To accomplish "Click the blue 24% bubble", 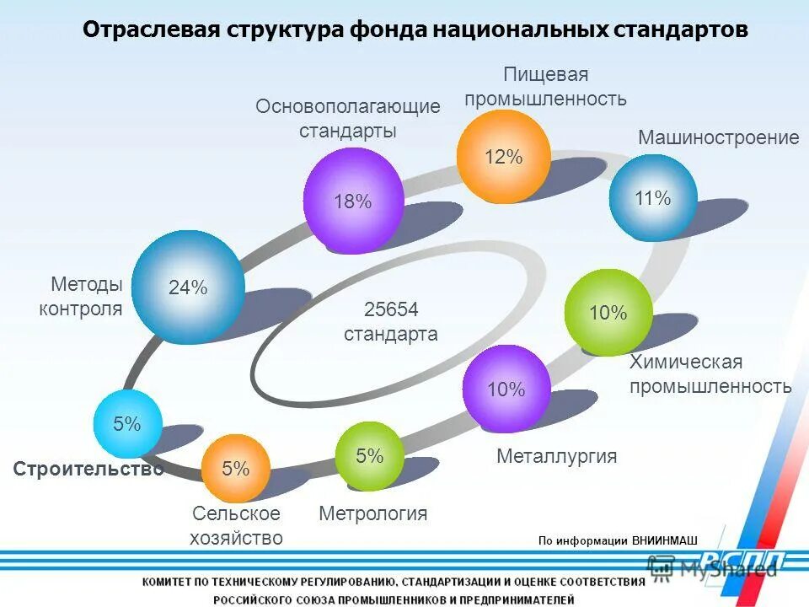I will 188,287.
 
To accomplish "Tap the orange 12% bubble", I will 503,157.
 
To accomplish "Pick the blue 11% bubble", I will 653,198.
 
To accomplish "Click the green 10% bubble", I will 608,313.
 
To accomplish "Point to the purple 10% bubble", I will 506,389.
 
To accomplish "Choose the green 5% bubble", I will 369,456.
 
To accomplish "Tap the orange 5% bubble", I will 236,468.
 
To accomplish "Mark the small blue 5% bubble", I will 127,424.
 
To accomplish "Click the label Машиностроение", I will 718,137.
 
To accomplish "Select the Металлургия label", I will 556,457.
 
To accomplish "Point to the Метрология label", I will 372,513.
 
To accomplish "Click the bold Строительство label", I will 88,470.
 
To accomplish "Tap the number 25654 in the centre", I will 391,309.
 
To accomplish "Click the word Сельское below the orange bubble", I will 236,513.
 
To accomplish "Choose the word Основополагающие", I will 348,106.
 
